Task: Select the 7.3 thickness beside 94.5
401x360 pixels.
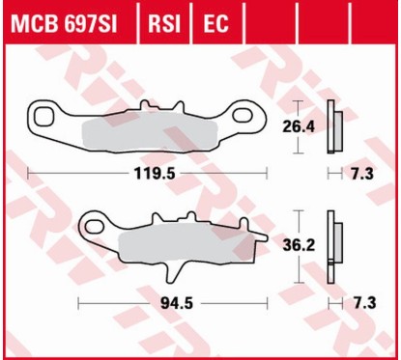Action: [364, 302]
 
